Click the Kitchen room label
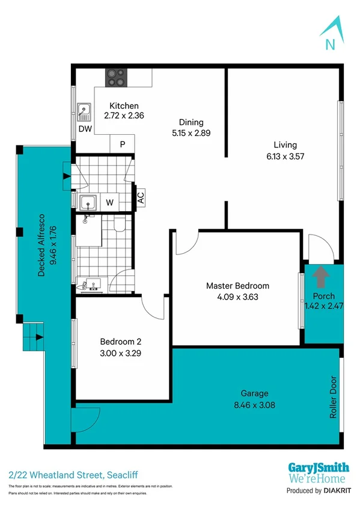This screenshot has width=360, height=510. [124, 106]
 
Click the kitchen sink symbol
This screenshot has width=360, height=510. [84, 111]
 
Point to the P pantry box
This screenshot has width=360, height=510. [122, 144]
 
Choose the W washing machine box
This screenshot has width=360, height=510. [109, 202]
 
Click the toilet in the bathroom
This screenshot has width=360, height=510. [118, 224]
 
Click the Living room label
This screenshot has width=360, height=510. [285, 144]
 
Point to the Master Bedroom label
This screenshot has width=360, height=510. [237, 286]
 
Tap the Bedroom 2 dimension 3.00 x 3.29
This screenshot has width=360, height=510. [120, 354]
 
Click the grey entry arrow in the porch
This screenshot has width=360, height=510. [322, 277]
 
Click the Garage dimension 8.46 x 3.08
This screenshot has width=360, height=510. [255, 405]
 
